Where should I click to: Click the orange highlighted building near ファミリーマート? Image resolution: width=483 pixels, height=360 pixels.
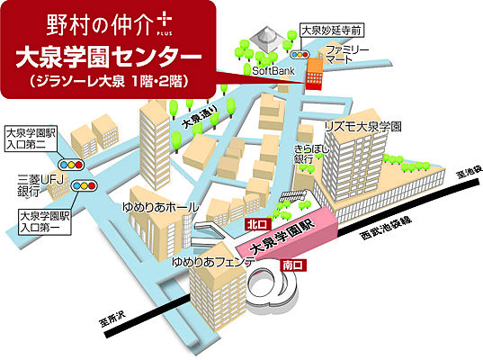317,68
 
